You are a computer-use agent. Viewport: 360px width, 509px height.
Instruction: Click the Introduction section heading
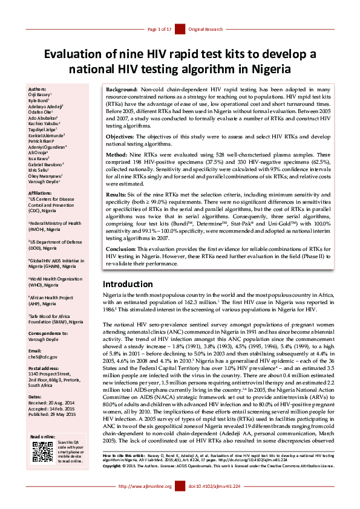point(131,284)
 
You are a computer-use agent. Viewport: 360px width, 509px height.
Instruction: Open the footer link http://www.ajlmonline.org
point(145,502)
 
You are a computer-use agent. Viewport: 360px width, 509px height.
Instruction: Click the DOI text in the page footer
point(214,502)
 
